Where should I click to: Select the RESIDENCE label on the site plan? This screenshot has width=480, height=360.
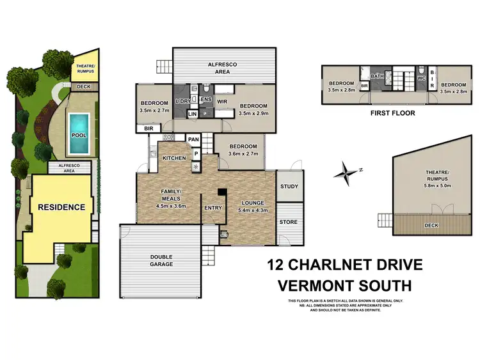(x=61, y=207)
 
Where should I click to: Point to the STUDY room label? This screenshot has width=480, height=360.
(x=289, y=187)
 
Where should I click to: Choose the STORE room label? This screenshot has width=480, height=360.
(x=289, y=222)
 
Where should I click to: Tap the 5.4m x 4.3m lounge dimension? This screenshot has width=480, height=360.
(x=252, y=210)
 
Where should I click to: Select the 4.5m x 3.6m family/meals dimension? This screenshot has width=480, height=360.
(x=171, y=205)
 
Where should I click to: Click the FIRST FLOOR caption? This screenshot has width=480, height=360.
(x=392, y=113)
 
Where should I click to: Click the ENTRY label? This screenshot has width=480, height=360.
(x=212, y=208)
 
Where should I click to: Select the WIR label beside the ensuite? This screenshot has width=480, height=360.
(x=222, y=101)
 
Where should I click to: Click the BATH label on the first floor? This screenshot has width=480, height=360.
(x=378, y=76)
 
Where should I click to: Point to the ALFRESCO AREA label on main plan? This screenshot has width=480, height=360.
(x=224, y=68)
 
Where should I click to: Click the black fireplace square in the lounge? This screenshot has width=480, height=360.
(x=221, y=191)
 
